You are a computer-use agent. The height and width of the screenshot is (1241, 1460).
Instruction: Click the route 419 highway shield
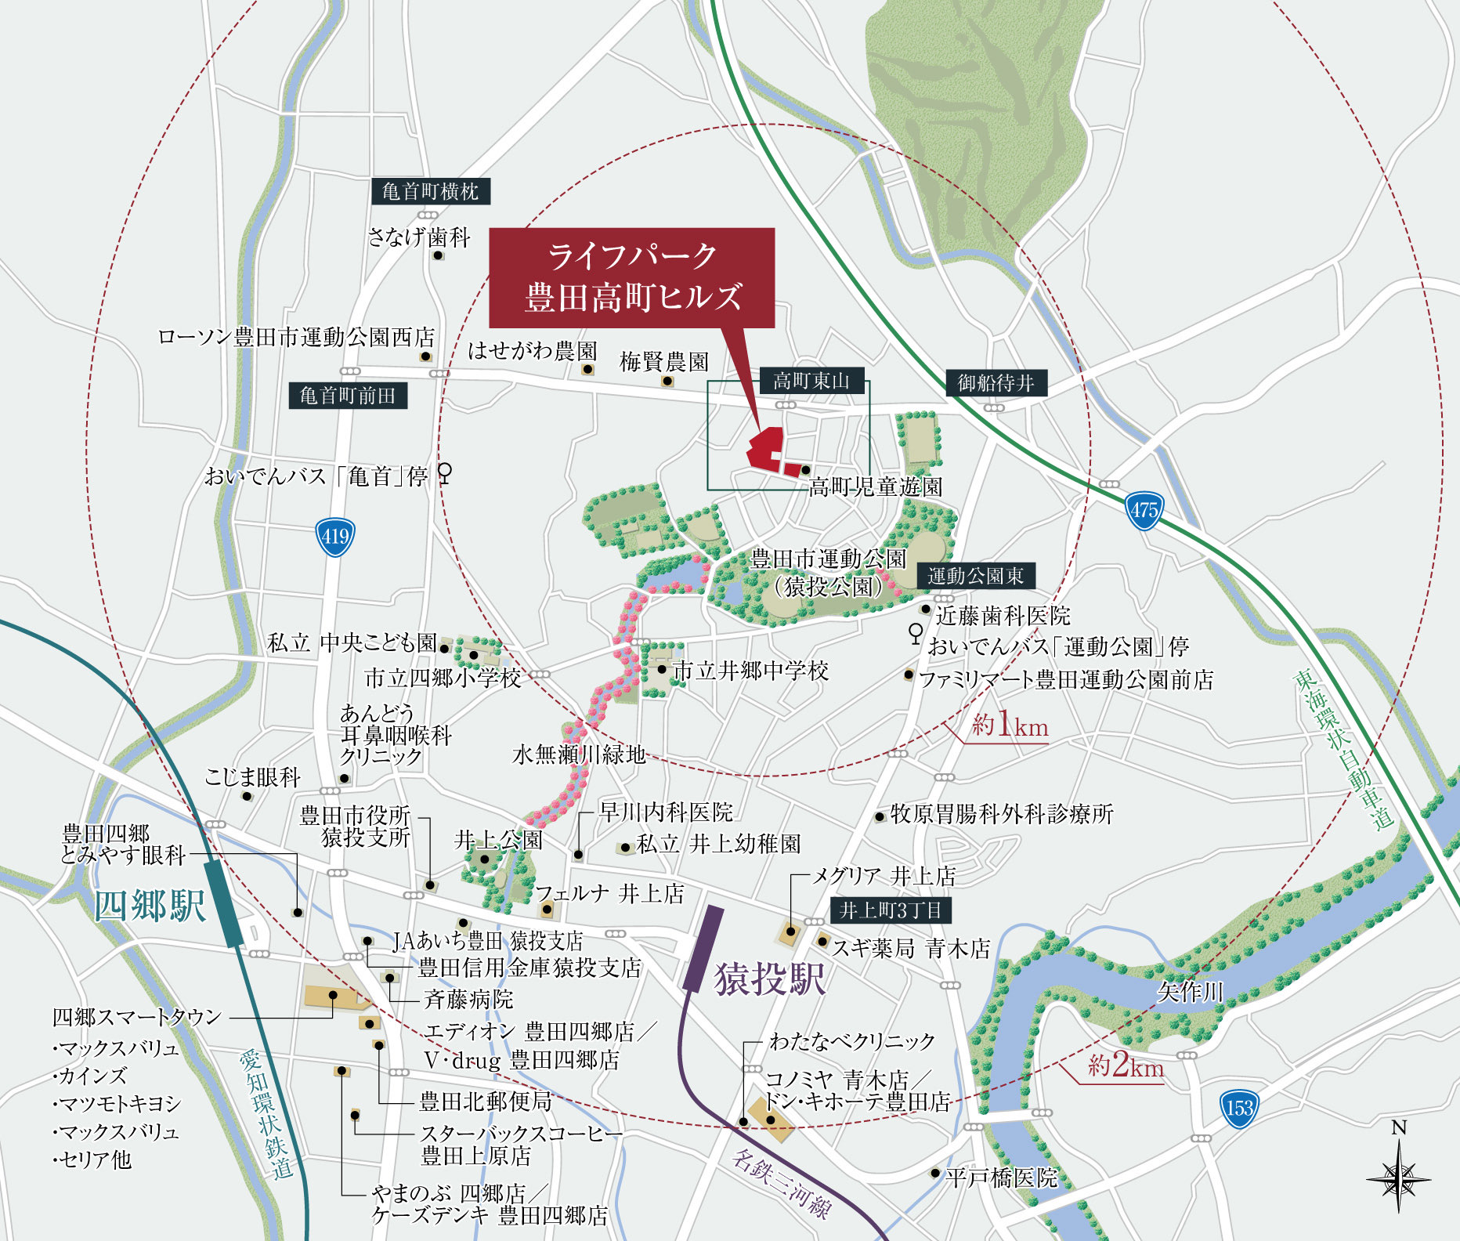pyautogui.click(x=335, y=537)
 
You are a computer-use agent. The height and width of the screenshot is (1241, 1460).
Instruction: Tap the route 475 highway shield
pyautogui.click(x=1144, y=511)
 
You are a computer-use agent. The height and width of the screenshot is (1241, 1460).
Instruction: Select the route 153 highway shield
pyautogui.click(x=1239, y=1108)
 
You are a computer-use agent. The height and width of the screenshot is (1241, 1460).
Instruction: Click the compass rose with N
pyautogui.click(x=1398, y=1175)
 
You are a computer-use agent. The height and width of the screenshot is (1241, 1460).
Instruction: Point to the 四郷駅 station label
pyautogui.click(x=150, y=906)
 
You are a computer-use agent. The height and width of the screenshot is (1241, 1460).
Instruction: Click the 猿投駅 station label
pyautogui.click(x=770, y=979)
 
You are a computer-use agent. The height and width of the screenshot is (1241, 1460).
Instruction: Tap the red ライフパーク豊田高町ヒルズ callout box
pyautogui.click(x=631, y=277)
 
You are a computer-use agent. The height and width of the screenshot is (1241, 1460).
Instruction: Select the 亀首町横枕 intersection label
pyautogui.click(x=430, y=191)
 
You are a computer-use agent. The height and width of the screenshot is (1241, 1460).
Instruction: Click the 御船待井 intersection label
pyautogui.click(x=996, y=383)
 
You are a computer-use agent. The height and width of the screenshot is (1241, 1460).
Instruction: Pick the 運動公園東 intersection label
pyautogui.click(x=975, y=576)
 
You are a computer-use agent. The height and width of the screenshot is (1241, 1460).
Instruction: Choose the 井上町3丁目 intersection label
pyautogui.click(x=890, y=910)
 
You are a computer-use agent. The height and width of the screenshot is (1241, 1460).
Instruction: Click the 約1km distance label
pyautogui.click(x=1010, y=725)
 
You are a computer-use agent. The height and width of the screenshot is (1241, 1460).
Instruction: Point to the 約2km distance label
pyautogui.click(x=1125, y=1066)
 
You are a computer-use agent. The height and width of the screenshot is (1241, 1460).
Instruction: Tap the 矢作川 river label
pyautogui.click(x=1190, y=993)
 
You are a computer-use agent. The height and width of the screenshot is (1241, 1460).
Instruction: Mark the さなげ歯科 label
pyautogui.click(x=419, y=237)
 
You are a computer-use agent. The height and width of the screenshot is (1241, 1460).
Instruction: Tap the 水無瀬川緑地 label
pyautogui.click(x=579, y=754)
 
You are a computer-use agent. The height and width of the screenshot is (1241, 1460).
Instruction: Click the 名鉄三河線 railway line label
pyautogui.click(x=781, y=1183)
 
